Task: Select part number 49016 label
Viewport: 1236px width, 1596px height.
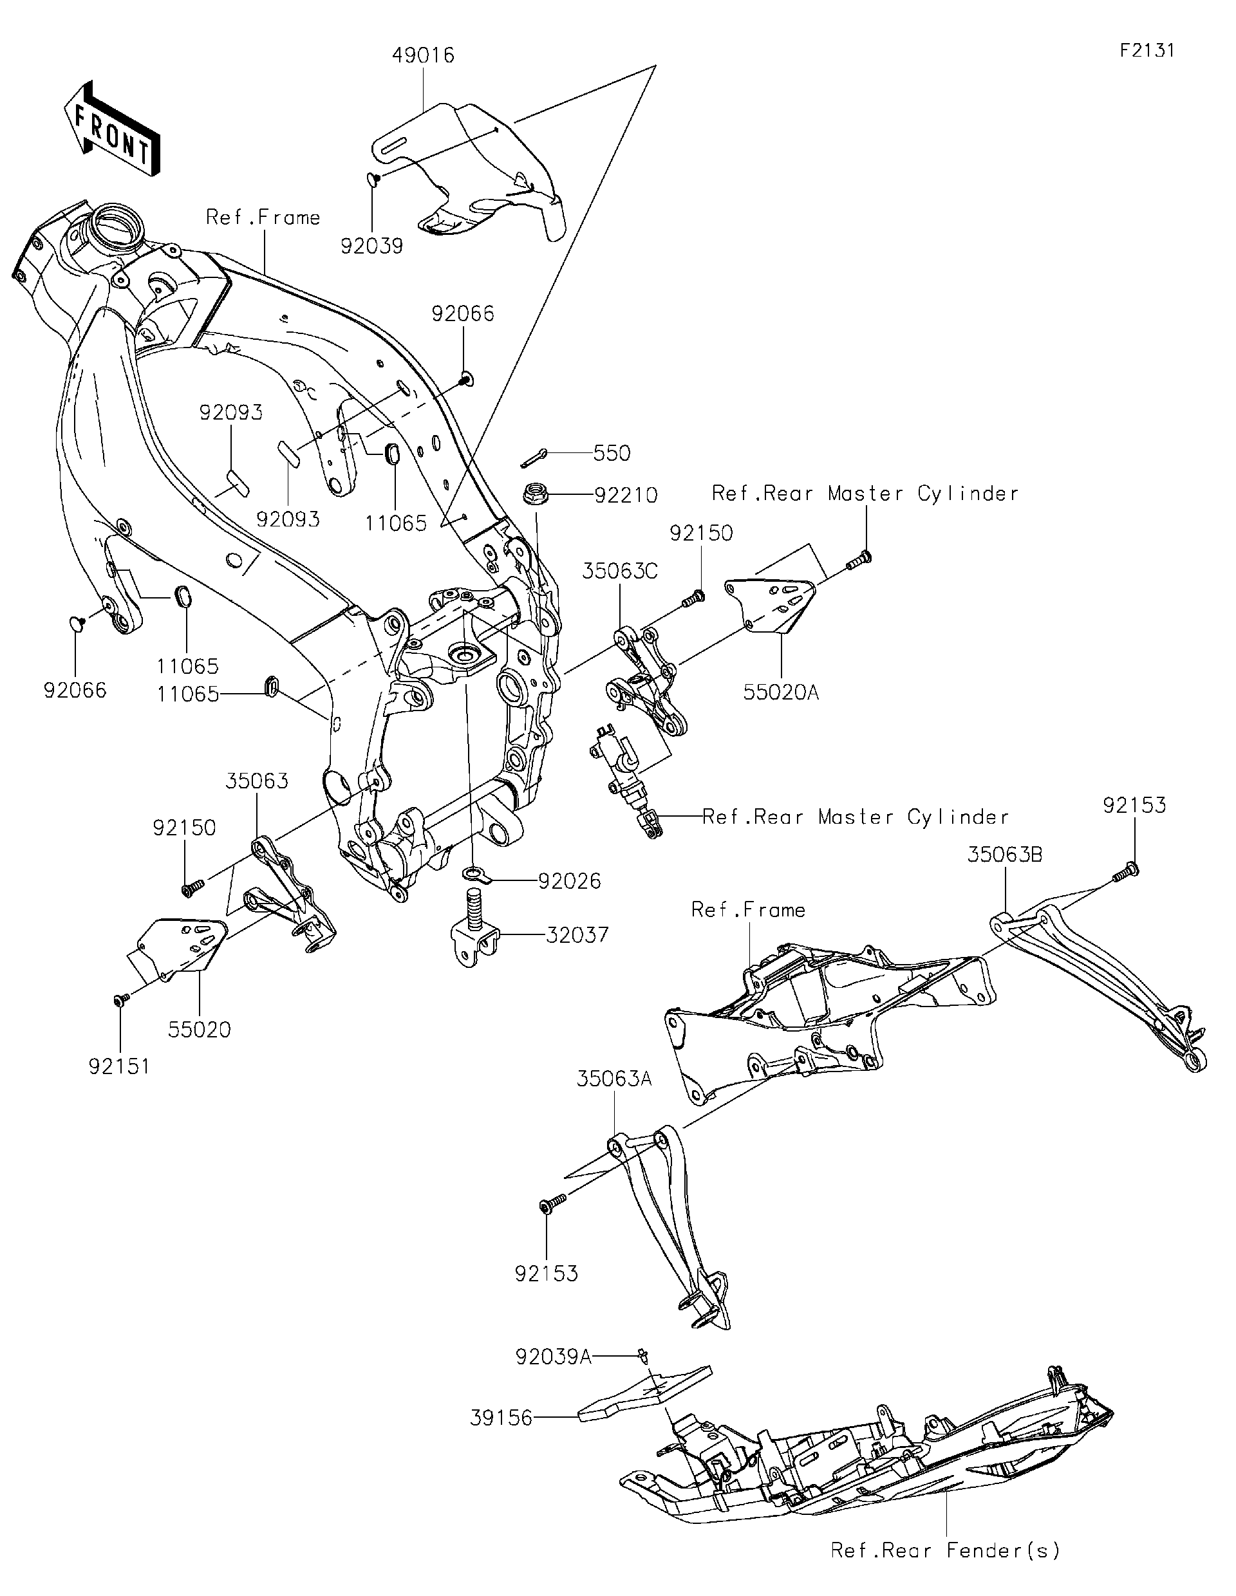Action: [x=423, y=55]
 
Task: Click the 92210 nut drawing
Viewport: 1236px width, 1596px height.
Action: [x=534, y=495]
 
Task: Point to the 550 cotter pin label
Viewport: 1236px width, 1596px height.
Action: [x=612, y=453]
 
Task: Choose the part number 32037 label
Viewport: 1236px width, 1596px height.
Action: [x=577, y=934]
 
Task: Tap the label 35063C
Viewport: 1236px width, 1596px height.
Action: [x=620, y=571]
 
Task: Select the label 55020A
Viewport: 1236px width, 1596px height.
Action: [x=782, y=692]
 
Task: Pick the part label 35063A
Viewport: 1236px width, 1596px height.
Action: [x=614, y=1079]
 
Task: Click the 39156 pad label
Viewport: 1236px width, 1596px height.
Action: [x=501, y=1418]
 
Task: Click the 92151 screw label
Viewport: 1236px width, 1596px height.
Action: [x=119, y=1066]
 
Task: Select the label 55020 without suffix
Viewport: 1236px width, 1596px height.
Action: [x=199, y=1030]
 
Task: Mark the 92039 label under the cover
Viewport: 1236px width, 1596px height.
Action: [x=371, y=246]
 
